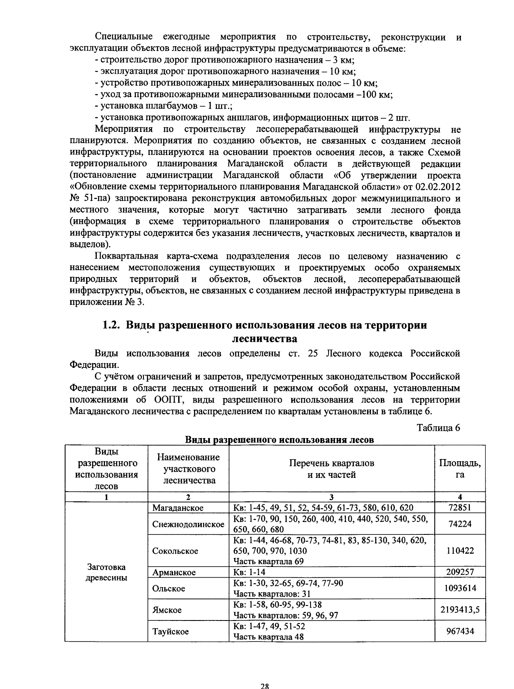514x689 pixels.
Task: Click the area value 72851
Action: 460,508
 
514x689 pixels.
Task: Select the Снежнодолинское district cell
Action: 188,524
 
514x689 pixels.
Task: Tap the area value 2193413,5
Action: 460,609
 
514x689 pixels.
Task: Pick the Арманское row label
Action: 174,573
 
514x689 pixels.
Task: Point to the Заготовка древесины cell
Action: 107,573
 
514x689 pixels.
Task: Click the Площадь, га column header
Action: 460,468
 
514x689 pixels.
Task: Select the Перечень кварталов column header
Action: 332,468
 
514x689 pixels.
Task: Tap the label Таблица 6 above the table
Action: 438,428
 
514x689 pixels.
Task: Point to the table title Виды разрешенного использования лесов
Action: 279,440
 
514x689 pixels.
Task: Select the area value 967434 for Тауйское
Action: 460,631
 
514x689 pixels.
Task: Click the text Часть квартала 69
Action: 268,561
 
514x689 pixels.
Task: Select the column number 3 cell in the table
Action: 332,497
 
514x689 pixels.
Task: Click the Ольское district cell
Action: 169,588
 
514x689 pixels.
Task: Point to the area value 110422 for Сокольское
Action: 460,551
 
